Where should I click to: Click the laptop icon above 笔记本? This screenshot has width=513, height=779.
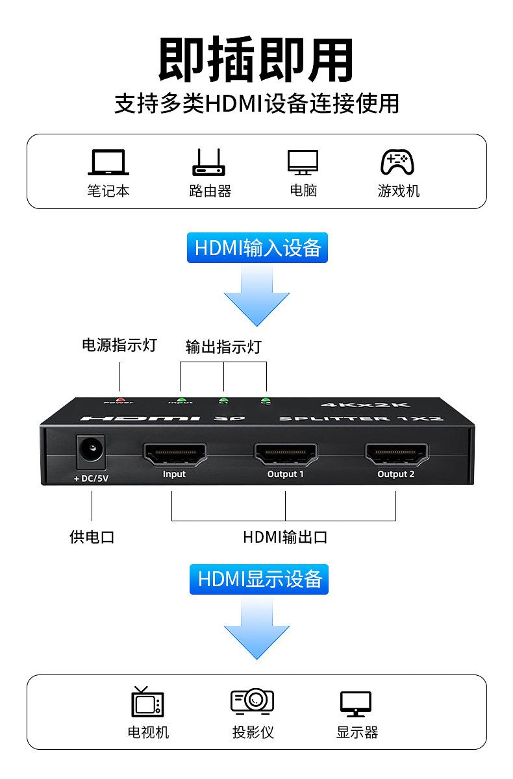(108, 162)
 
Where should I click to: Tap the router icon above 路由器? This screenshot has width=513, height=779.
(208, 162)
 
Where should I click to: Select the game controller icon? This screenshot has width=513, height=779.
(397, 162)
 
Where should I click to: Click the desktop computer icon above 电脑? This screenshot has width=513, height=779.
(303, 162)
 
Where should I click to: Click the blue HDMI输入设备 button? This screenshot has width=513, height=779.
(257, 247)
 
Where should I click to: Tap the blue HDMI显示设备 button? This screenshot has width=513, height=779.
(259, 578)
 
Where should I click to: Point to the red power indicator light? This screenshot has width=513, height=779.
(119, 400)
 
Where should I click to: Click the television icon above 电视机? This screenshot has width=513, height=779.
(148, 702)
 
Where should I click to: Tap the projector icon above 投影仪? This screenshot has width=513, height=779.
(253, 701)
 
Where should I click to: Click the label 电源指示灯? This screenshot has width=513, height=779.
(119, 345)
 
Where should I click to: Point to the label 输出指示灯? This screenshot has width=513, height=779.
(223, 347)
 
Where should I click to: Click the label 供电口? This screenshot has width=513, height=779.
(92, 537)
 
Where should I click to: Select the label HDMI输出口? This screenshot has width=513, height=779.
(284, 537)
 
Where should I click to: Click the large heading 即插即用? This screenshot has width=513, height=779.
(256, 60)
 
